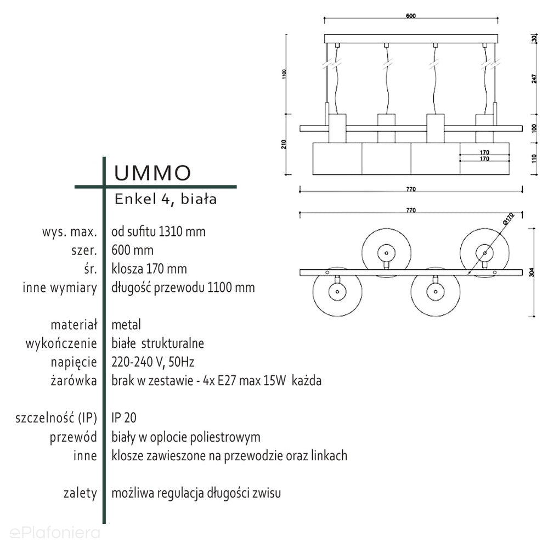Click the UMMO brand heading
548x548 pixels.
(x=152, y=173)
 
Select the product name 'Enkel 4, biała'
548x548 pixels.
(x=165, y=200)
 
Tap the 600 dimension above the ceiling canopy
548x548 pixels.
(x=410, y=16)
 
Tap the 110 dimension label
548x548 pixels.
(x=535, y=159)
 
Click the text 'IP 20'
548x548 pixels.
(x=124, y=418)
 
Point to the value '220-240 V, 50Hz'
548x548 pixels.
(x=153, y=362)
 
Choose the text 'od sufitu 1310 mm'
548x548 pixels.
(x=158, y=231)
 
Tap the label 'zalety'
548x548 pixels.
(x=80, y=493)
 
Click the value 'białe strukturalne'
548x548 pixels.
(x=157, y=343)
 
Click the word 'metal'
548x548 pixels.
(x=126, y=325)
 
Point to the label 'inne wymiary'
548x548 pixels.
(x=60, y=287)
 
